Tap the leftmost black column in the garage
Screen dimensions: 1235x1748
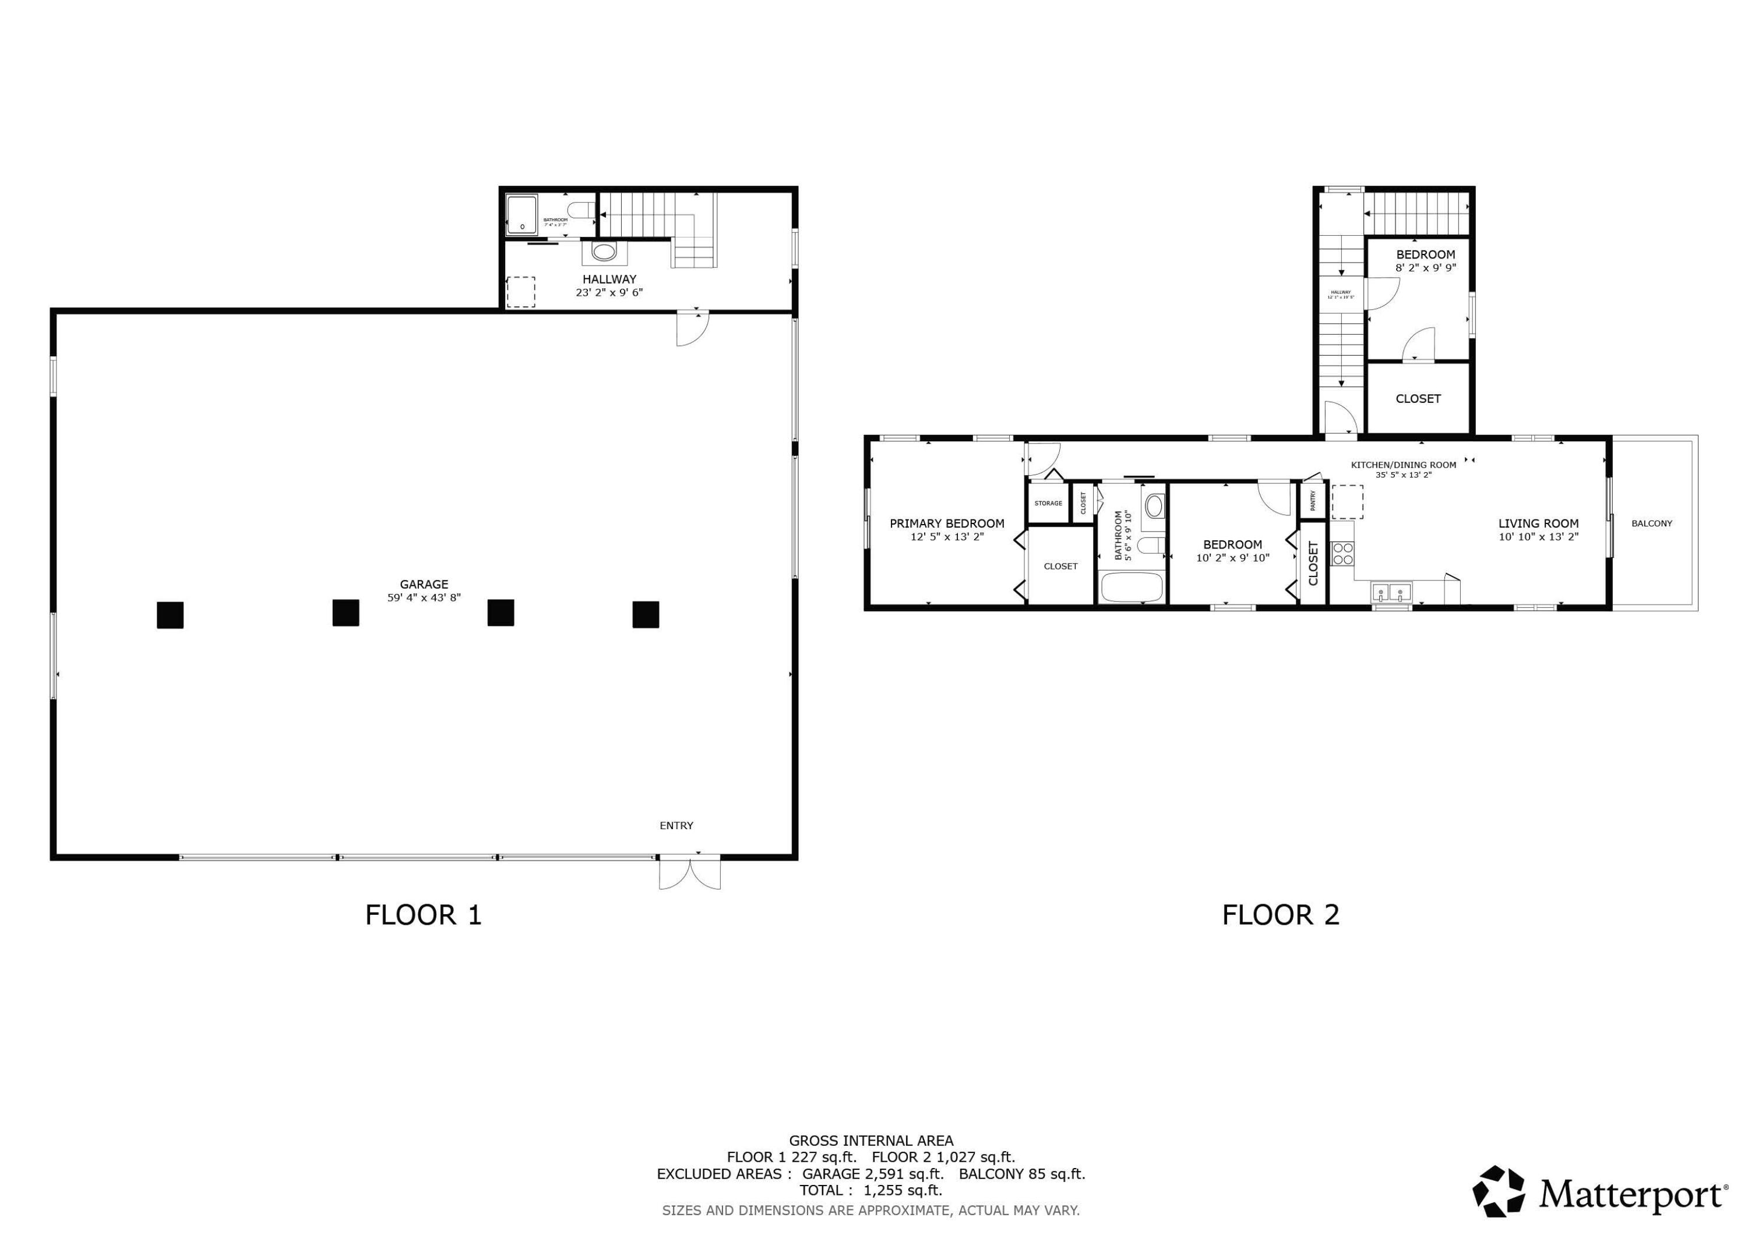pyautogui.click(x=170, y=615)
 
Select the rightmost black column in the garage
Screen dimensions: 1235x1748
pyautogui.click(x=646, y=614)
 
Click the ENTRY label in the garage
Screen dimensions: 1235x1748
pyautogui.click(x=676, y=826)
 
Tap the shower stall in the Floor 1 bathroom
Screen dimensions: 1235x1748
pyautogui.click(x=521, y=215)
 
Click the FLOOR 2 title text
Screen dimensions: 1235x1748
pyautogui.click(x=1281, y=915)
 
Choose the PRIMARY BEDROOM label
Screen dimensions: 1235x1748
pyautogui.click(x=947, y=523)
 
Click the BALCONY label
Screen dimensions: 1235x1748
pyautogui.click(x=1652, y=523)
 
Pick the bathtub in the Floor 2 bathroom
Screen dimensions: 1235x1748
pyautogui.click(x=1132, y=587)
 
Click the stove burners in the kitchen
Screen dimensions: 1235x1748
pyautogui.click(x=1342, y=553)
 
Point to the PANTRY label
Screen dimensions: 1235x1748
pyautogui.click(x=1313, y=500)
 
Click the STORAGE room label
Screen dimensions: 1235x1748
pyautogui.click(x=1048, y=503)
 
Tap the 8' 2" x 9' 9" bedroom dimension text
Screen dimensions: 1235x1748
pyautogui.click(x=1425, y=268)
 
